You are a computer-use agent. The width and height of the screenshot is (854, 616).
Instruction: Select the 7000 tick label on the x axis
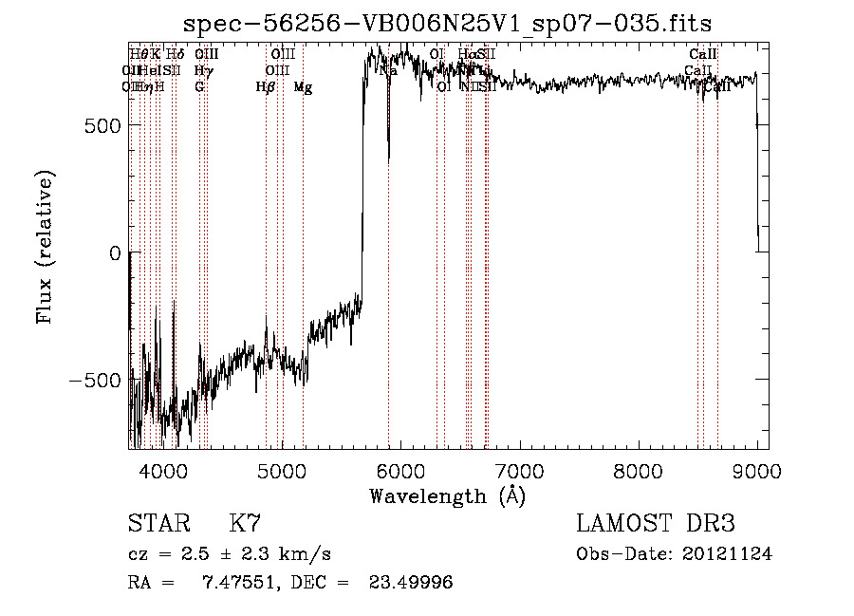click(519, 471)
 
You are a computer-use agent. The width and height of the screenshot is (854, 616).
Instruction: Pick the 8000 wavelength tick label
click(639, 471)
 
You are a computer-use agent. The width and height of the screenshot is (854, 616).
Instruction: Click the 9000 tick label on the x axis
click(757, 471)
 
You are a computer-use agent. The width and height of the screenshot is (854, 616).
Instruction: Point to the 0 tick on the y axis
click(114, 252)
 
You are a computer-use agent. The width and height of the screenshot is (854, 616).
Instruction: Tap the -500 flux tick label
click(97, 380)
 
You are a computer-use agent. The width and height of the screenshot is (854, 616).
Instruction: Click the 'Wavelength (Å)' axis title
click(447, 495)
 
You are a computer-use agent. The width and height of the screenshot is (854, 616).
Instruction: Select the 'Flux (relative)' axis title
click(46, 247)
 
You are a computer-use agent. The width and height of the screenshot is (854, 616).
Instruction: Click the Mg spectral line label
click(303, 87)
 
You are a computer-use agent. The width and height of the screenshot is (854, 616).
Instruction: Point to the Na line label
click(388, 70)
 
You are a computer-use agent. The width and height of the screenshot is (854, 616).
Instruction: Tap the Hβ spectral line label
click(266, 87)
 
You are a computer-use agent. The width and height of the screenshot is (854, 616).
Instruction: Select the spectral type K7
click(245, 524)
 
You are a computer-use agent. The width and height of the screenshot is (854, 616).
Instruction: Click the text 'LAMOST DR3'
click(656, 524)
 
